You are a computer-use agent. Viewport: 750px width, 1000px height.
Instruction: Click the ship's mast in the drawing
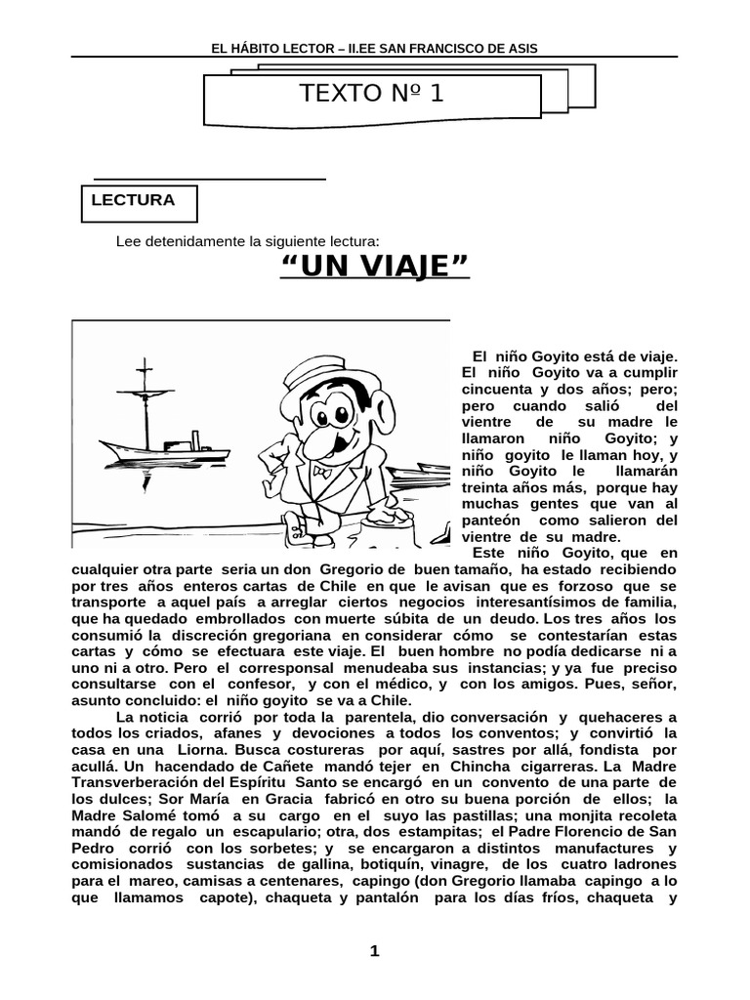click(x=146, y=400)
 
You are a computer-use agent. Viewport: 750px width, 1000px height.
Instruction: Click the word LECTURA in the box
click(x=133, y=200)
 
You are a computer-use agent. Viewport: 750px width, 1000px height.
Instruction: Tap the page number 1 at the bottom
click(x=374, y=953)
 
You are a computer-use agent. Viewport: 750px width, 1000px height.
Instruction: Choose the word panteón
click(x=492, y=521)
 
